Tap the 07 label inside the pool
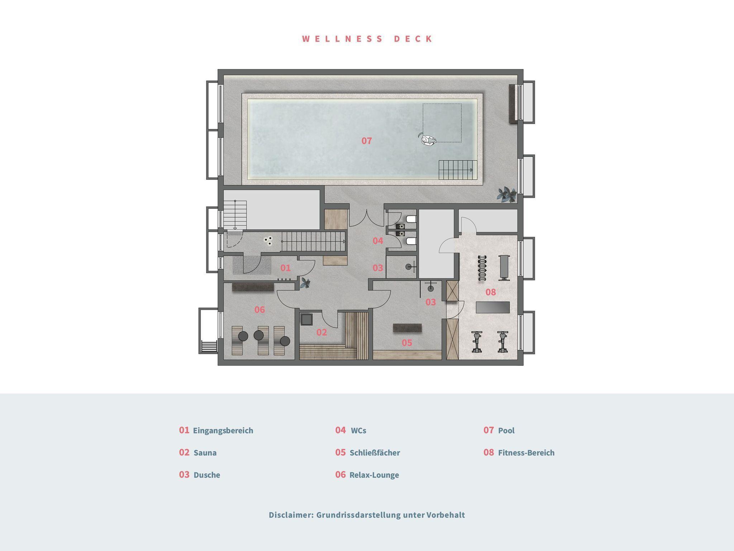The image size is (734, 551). (x=367, y=141)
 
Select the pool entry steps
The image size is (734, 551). (x=456, y=170)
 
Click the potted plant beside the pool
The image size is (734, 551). (x=506, y=195)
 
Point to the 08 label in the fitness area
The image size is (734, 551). (x=491, y=292)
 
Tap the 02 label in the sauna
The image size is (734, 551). (x=321, y=332)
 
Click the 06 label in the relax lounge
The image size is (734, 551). (x=259, y=310)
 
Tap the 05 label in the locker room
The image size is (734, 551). (x=407, y=343)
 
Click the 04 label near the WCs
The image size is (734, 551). (x=378, y=241)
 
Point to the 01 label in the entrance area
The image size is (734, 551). (x=285, y=268)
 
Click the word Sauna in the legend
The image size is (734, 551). (x=205, y=453)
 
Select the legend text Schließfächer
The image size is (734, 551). (x=375, y=453)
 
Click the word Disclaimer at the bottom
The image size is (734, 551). (x=291, y=515)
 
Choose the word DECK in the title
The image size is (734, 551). (x=414, y=39)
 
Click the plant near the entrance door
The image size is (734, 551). (x=305, y=283)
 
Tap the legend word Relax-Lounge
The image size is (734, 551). (x=374, y=475)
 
